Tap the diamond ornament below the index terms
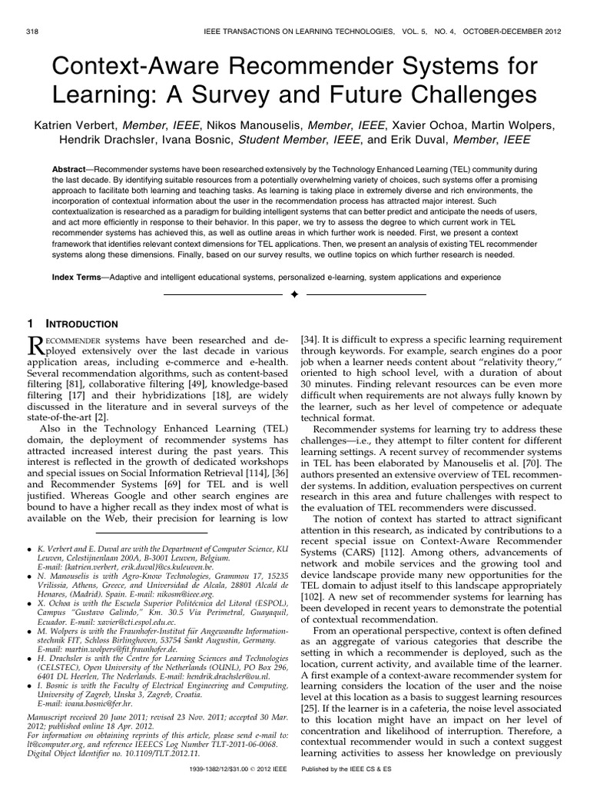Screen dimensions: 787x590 pos(294,294)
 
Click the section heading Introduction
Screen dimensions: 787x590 pos(85,324)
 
